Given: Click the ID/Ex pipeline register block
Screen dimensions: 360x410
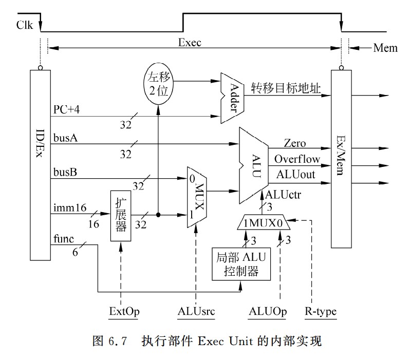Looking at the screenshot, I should [x=40, y=164].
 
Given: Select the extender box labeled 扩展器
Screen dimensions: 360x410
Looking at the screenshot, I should [x=121, y=216].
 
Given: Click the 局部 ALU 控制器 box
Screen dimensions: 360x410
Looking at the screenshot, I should [x=241, y=264].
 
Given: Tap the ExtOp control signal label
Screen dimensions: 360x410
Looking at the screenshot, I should [x=122, y=312].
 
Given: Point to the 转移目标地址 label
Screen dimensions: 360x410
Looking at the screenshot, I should [x=286, y=89].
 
